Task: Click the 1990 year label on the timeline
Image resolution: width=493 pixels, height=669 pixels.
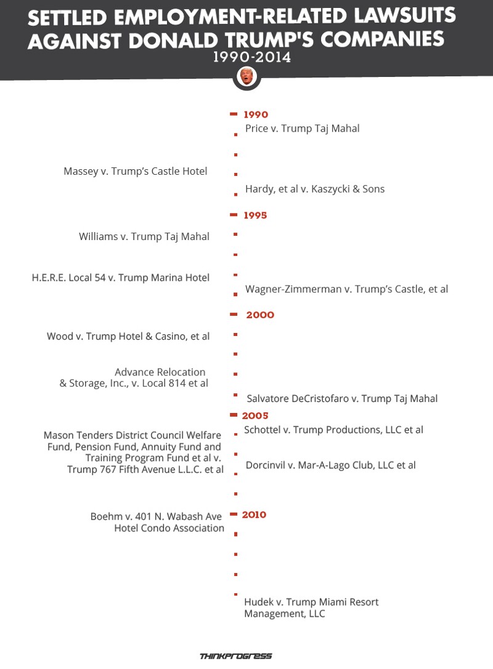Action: click(x=256, y=114)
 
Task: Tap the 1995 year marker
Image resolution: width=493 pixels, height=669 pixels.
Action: click(x=255, y=215)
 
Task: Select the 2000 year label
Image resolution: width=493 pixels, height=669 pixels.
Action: click(x=260, y=315)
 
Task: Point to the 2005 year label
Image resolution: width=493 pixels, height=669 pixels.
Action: click(x=255, y=415)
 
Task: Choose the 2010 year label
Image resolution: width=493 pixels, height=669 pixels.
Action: click(x=254, y=515)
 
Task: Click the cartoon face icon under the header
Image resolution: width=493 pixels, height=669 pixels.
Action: click(x=246, y=77)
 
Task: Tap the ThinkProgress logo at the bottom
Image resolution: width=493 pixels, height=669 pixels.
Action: click(x=236, y=656)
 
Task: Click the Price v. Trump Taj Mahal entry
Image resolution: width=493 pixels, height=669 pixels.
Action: click(x=302, y=129)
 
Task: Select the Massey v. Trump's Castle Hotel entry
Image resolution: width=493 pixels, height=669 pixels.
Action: click(x=136, y=171)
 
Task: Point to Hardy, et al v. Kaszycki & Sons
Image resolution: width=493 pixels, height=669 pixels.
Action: click(x=314, y=189)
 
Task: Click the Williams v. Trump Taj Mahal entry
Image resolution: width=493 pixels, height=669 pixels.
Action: click(x=144, y=236)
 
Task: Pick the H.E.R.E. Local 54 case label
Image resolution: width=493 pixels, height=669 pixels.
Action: click(x=121, y=278)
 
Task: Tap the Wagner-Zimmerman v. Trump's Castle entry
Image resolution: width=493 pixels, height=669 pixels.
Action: click(x=346, y=289)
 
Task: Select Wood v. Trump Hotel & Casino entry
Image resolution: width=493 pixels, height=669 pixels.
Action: click(x=128, y=336)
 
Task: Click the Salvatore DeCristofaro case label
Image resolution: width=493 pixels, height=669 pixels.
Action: click(x=342, y=398)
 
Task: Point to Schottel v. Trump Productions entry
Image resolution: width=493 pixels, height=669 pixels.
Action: click(x=333, y=430)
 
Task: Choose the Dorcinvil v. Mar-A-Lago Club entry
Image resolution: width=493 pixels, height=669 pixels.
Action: click(x=330, y=465)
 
